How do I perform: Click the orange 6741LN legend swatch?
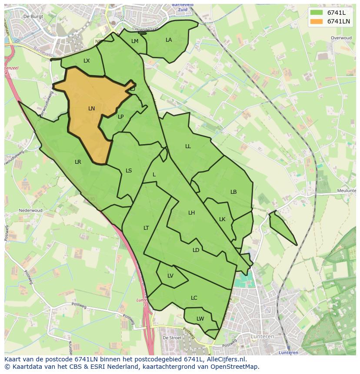tap(317, 21)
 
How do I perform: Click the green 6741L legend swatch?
tap(317, 13)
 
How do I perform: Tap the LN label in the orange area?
tap(91, 109)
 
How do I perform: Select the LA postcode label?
tap(169, 40)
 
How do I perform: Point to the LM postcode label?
tap(135, 41)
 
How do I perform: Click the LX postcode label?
tap(87, 61)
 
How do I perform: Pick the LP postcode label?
tap(121, 116)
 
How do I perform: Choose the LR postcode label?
tap(78, 162)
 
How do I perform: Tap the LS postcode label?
tap(129, 171)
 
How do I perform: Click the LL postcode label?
tap(188, 146)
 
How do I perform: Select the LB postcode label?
tap(233, 192)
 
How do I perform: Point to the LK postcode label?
tap(222, 219)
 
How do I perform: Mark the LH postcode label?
tap(191, 213)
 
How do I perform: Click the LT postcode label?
tap(146, 228)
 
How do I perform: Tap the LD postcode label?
tap(196, 250)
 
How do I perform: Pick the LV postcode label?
tap(170, 276)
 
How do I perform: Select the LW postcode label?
tap(200, 319)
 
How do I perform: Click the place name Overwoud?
tap(341, 38)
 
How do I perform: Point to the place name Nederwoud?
tap(30, 211)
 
